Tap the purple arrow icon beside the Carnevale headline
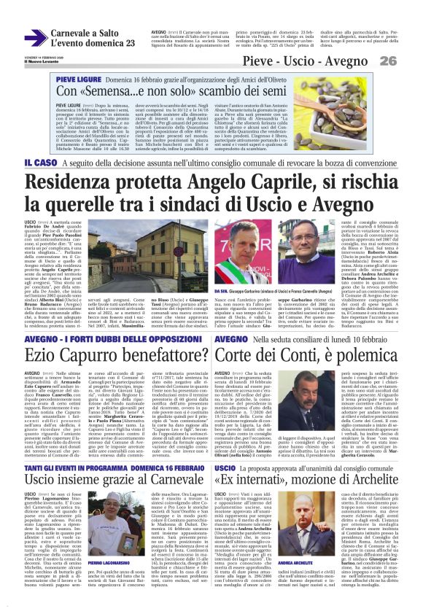(34, 38)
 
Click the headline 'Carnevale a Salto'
(85, 33)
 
